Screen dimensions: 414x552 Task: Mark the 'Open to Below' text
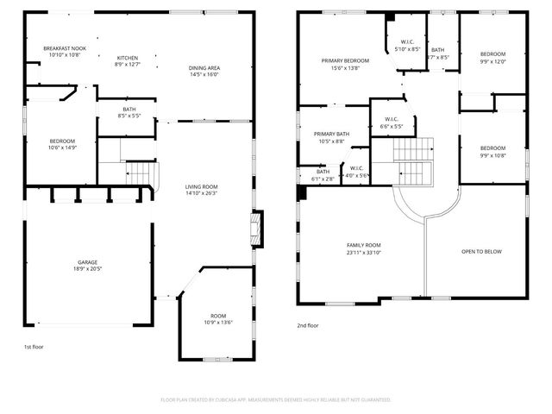(x=481, y=252)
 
